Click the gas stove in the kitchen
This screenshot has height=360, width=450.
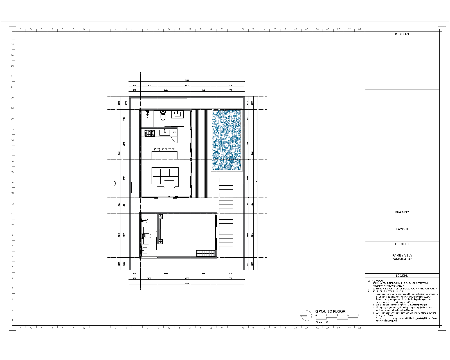tap(150, 133)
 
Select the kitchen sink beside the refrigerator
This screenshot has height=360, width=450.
tap(165, 132)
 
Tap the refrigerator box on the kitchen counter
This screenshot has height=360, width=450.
tap(174, 132)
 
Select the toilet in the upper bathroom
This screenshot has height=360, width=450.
tap(163, 116)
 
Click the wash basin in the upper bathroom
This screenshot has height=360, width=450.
tap(177, 114)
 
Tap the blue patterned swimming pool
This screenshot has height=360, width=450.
tap(227, 140)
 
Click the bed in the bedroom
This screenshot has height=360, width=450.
tap(172, 229)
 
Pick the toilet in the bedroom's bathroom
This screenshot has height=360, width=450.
tap(147, 235)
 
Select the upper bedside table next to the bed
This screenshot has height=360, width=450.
tap(161, 217)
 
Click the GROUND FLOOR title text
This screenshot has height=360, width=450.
tap(330, 311)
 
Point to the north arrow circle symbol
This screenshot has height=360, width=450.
tap(306, 316)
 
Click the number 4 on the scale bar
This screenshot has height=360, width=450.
tap(358, 315)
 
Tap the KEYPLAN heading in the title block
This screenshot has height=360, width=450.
tap(402, 34)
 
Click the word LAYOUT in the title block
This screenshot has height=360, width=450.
tap(402, 229)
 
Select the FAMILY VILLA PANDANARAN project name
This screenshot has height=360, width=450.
tap(402, 257)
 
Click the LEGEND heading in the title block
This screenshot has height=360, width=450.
tap(402, 276)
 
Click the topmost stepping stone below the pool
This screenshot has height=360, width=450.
tap(226, 180)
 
